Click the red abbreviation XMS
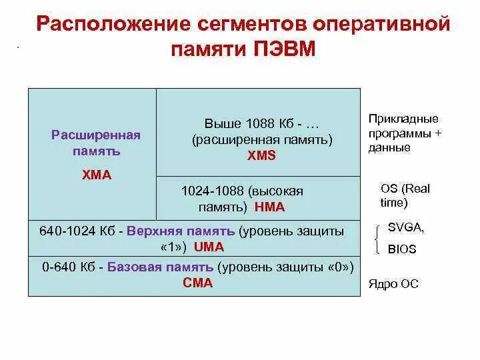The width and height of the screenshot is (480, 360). tap(261, 155)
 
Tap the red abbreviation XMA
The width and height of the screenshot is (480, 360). tap(96, 175)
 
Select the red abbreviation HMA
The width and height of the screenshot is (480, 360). tap(269, 207)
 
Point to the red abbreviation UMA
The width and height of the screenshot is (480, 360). tap(209, 247)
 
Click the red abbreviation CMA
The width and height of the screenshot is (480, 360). tap(197, 283)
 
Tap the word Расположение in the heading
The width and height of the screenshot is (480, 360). tap(113, 26)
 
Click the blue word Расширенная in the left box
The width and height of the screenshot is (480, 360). tap(96, 135)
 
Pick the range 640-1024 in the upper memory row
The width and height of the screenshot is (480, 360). tap(67, 231)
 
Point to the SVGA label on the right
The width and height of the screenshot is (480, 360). tap(405, 228)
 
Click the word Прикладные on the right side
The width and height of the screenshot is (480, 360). tap(403, 119)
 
